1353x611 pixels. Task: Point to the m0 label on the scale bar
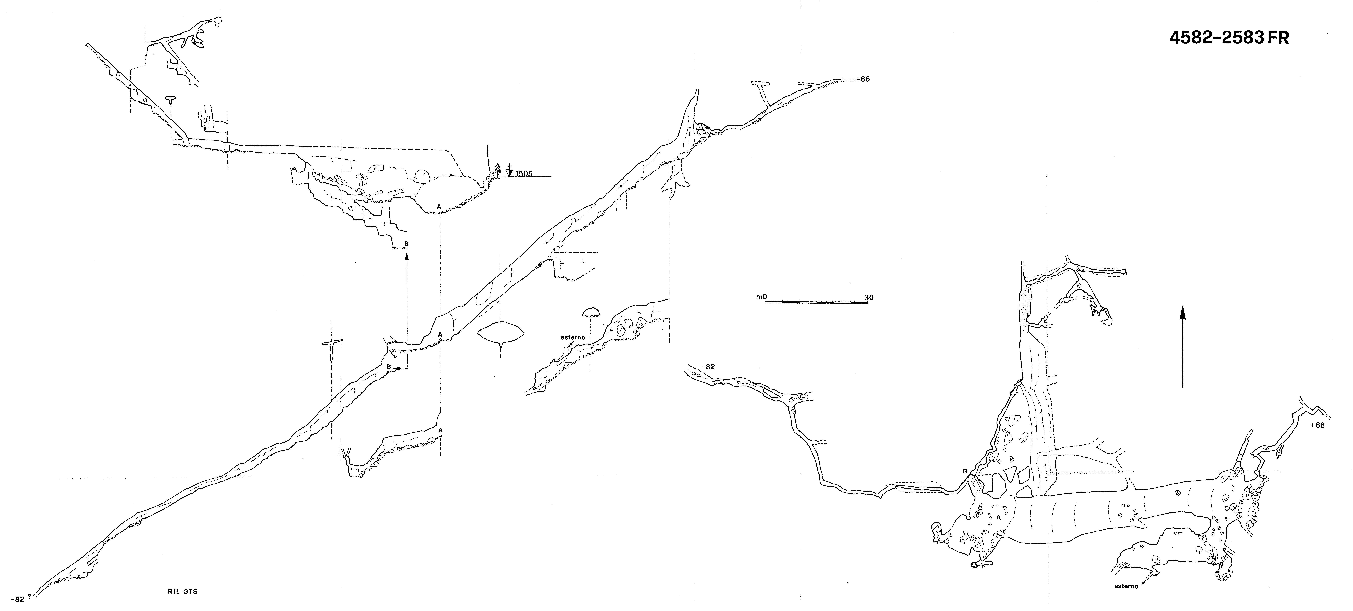coord(762,297)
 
